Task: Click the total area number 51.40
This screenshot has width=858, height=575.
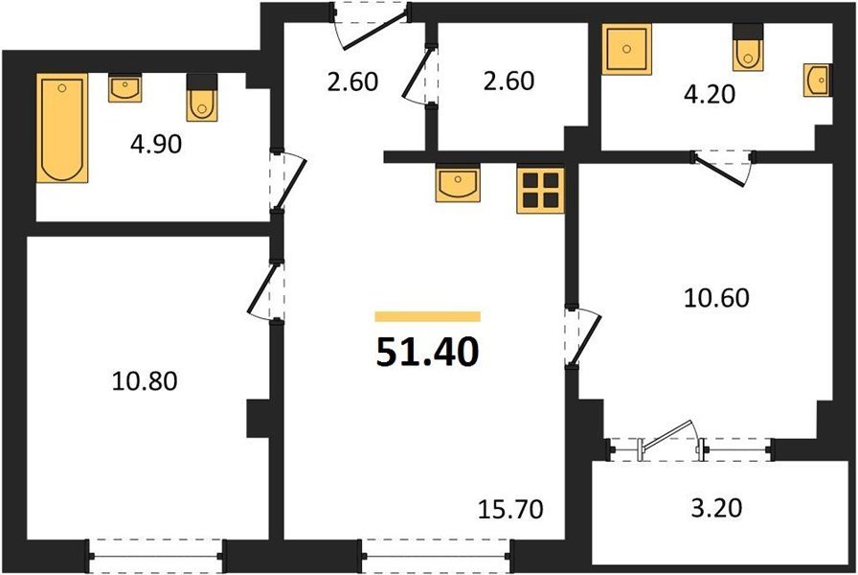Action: tap(427, 352)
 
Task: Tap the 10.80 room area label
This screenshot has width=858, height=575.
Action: tap(145, 380)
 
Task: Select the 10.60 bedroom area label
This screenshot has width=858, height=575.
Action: tap(717, 298)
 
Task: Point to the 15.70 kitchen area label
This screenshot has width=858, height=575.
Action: tap(510, 509)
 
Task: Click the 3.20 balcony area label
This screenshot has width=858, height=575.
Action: tap(716, 508)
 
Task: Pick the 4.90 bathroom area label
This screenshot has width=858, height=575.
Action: tap(156, 144)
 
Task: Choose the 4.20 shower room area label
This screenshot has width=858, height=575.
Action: tap(710, 94)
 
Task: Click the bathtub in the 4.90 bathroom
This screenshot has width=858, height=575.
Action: tap(62, 127)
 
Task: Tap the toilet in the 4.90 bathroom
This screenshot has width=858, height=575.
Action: tap(201, 98)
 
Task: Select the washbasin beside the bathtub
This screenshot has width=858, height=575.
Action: tap(125, 87)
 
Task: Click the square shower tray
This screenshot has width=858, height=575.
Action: tap(626, 49)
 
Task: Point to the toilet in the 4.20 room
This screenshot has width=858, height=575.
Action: tap(748, 48)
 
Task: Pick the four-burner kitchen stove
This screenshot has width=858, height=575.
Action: tap(540, 190)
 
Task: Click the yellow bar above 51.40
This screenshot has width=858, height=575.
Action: tap(427, 316)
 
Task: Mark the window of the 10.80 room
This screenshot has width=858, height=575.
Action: tap(155, 557)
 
